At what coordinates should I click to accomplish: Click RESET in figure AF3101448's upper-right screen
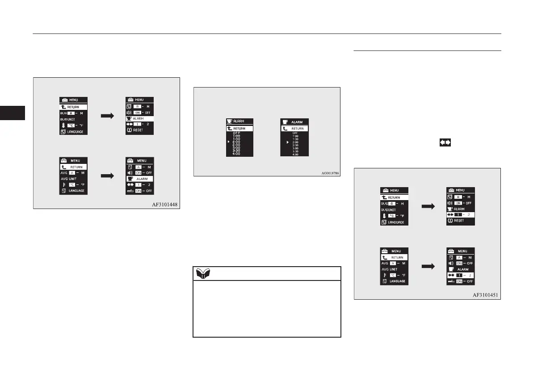point(137,130)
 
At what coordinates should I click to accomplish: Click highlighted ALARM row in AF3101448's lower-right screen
point(139,178)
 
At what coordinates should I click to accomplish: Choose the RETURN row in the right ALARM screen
point(294,129)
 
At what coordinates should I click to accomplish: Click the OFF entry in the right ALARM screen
point(295,133)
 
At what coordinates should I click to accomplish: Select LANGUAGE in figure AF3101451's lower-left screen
point(396,281)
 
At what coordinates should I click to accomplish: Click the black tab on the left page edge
point(13,113)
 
